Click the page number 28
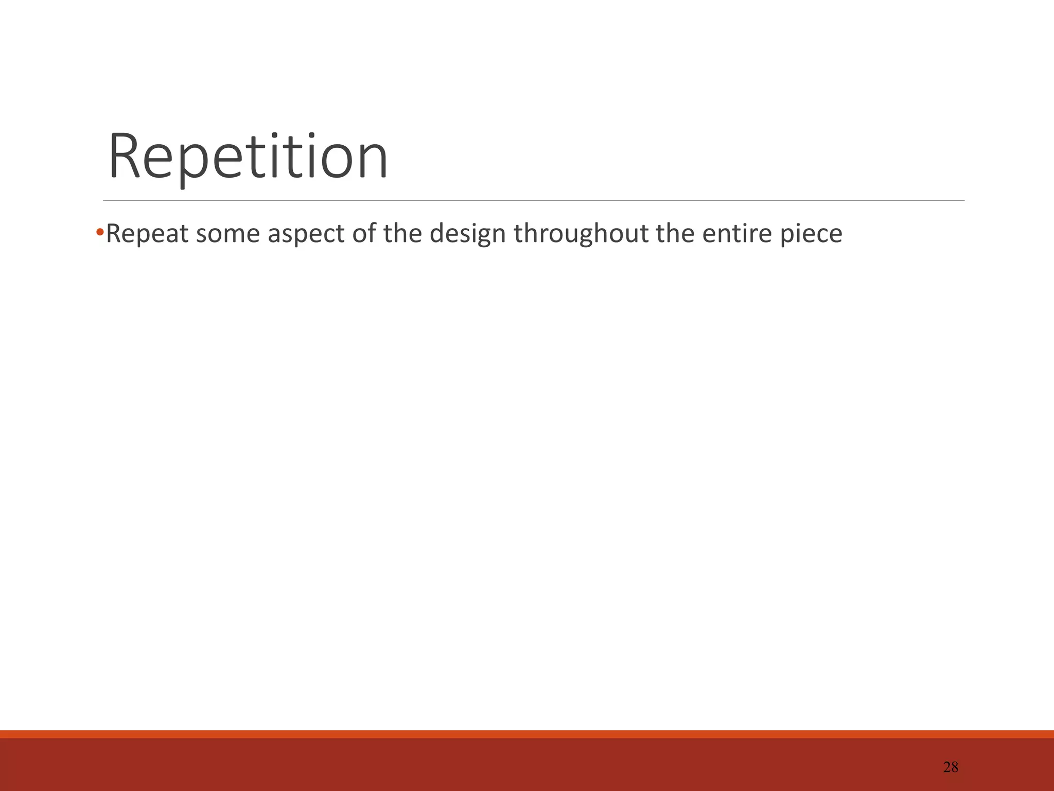[951, 767]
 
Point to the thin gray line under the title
[534, 200]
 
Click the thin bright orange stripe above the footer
[527, 734]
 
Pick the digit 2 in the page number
[947, 767]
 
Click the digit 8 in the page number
[955, 767]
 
